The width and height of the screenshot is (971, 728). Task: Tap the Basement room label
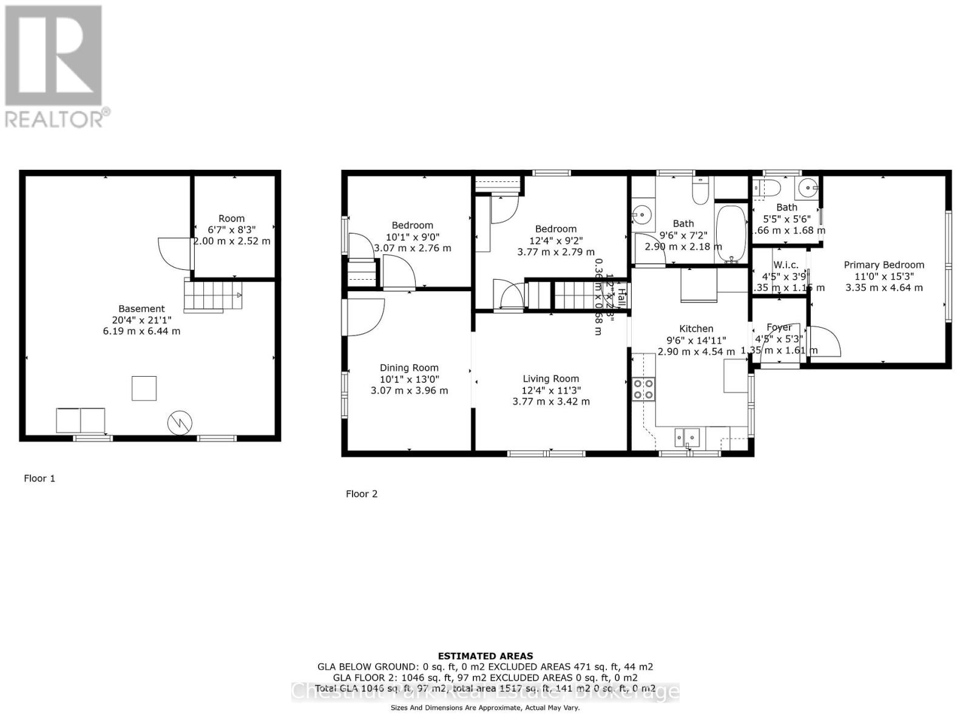click(x=141, y=309)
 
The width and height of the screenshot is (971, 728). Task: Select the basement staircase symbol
click(x=212, y=295)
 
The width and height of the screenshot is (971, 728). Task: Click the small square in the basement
click(x=144, y=388)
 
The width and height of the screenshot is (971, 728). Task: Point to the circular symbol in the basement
click(x=180, y=422)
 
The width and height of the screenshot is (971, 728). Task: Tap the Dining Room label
click(x=409, y=368)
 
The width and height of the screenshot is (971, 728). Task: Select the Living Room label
click(x=550, y=379)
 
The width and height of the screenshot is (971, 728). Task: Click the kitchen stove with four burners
click(x=643, y=389)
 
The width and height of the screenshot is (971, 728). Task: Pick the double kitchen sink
click(x=688, y=436)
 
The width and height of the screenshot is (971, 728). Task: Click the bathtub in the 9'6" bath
click(x=731, y=234)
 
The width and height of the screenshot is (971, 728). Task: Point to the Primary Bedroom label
click(x=884, y=265)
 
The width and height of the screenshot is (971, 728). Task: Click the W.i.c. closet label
click(x=786, y=265)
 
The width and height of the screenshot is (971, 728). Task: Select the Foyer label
click(x=779, y=328)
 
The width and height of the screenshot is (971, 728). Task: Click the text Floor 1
click(x=39, y=478)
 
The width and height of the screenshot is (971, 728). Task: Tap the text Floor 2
click(x=362, y=494)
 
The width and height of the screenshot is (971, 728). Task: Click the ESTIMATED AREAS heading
click(x=486, y=656)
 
